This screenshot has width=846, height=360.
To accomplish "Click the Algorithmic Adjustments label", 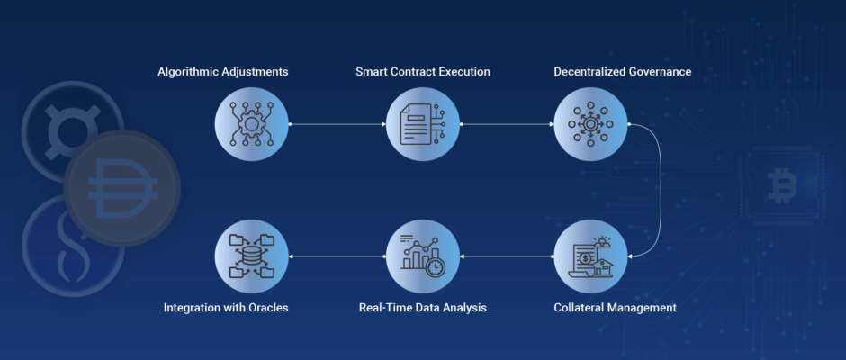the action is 223,72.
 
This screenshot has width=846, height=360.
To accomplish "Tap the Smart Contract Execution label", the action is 423,72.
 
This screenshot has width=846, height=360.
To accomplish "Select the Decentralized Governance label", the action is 623,72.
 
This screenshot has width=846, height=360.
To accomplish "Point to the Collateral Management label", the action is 615,308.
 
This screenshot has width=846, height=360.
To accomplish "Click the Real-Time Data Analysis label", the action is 423,308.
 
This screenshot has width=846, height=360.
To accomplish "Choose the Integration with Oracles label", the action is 226,308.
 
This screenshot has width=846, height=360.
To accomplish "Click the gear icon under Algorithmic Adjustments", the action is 251,124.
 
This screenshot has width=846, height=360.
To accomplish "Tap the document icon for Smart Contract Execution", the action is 416,124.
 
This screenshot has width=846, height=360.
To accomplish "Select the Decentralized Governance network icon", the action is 590,124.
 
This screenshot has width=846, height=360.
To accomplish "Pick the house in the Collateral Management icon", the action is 603,267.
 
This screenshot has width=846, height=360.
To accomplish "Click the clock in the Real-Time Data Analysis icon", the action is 436,267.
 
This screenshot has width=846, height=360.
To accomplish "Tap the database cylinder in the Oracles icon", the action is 251,256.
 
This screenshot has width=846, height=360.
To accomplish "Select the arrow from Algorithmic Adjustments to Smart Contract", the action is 337,124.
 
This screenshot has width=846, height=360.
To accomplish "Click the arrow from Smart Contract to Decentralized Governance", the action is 508,124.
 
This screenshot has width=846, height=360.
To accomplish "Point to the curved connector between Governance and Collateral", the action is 661,190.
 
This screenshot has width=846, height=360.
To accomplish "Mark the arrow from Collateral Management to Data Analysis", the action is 508,256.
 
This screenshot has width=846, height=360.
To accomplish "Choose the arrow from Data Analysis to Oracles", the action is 337,256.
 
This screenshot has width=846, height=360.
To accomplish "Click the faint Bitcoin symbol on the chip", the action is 782,185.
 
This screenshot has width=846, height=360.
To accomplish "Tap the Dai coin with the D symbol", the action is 121,188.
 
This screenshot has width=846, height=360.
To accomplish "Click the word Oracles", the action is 268,308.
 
